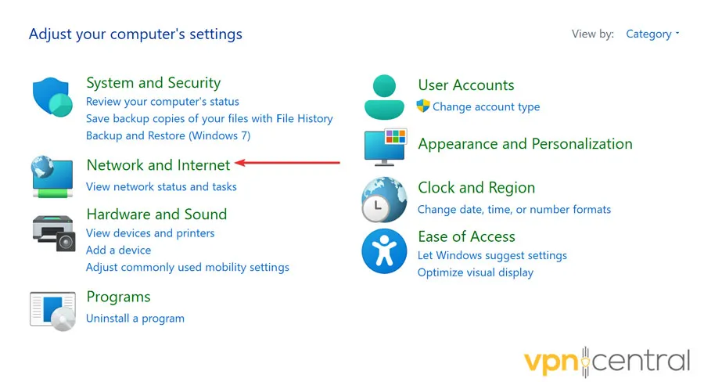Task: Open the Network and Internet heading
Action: click(158, 165)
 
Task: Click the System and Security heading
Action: click(153, 83)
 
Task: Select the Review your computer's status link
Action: click(163, 102)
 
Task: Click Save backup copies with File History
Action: click(209, 119)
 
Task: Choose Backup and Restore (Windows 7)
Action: click(168, 135)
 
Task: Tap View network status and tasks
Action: click(161, 187)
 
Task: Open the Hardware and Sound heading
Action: click(156, 214)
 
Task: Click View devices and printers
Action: click(150, 233)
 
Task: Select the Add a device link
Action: click(119, 250)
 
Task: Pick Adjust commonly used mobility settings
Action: click(188, 268)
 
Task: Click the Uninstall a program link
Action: click(135, 319)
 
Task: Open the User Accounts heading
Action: click(466, 85)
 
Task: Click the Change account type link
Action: click(486, 107)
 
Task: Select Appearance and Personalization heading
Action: click(525, 144)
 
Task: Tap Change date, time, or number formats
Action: click(514, 210)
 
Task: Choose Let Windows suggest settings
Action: click(492, 256)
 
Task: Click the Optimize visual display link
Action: click(476, 273)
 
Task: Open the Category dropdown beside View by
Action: click(652, 34)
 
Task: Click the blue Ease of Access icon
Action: click(384, 251)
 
